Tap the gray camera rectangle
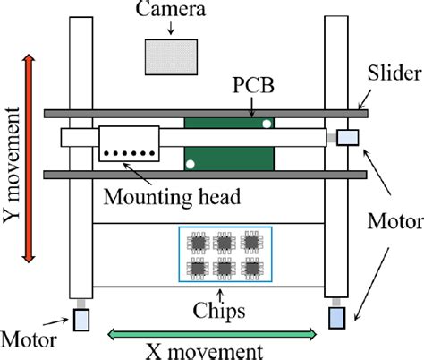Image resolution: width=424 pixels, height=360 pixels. point(170,56)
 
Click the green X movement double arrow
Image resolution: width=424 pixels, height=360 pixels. point(212,334)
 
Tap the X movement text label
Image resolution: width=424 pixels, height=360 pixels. point(211,351)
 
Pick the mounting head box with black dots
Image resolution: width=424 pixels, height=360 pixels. point(129,143)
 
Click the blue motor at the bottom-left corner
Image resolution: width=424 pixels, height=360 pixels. point(81,318)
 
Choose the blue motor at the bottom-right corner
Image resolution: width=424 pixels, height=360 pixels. point(336,317)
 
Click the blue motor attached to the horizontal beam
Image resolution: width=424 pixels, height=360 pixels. point(347,138)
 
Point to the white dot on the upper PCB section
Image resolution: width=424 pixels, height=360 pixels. point(266,124)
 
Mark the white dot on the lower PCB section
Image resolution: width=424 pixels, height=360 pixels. point(190,164)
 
